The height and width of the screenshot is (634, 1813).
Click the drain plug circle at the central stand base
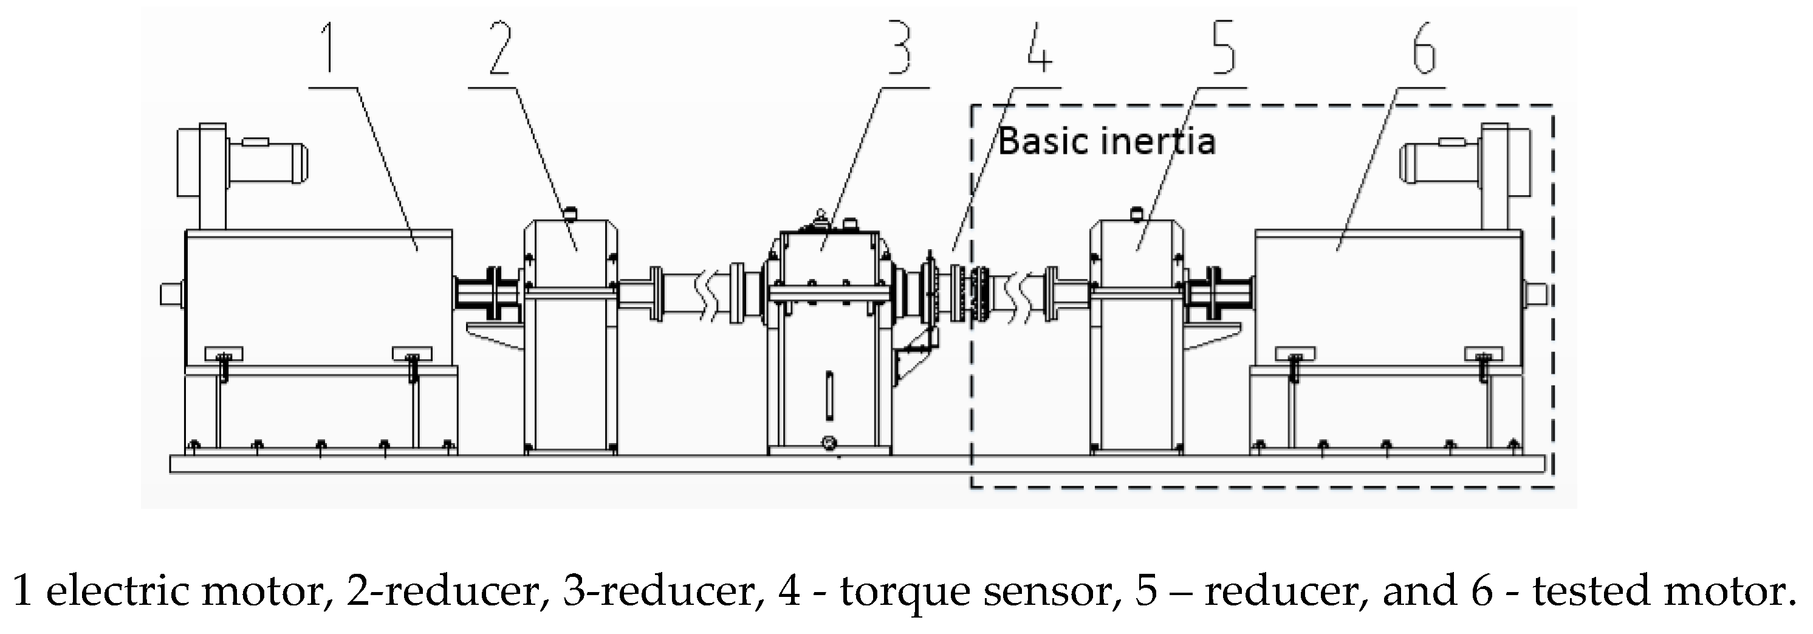tap(829, 443)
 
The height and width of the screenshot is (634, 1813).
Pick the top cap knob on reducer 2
tap(570, 212)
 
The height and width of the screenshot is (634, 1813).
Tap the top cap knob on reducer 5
tap(1135, 212)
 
